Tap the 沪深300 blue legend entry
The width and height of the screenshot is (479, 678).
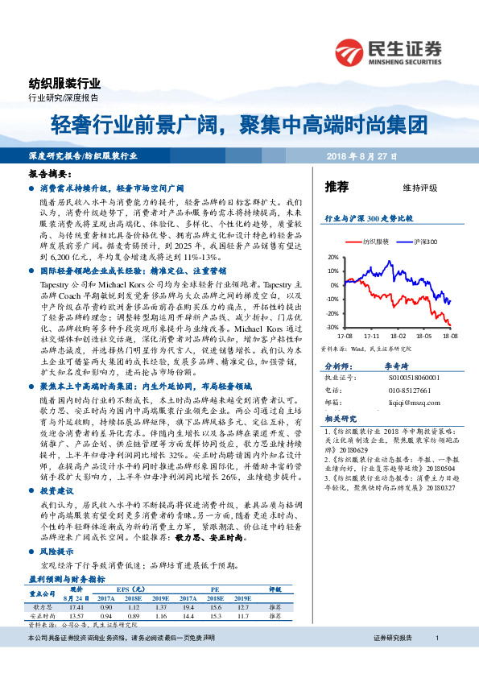click(423, 241)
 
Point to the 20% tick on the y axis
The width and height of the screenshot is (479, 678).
click(333, 257)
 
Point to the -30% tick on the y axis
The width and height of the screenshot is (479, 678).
click(332, 328)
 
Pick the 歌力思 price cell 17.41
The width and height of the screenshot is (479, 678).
click(77, 606)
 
